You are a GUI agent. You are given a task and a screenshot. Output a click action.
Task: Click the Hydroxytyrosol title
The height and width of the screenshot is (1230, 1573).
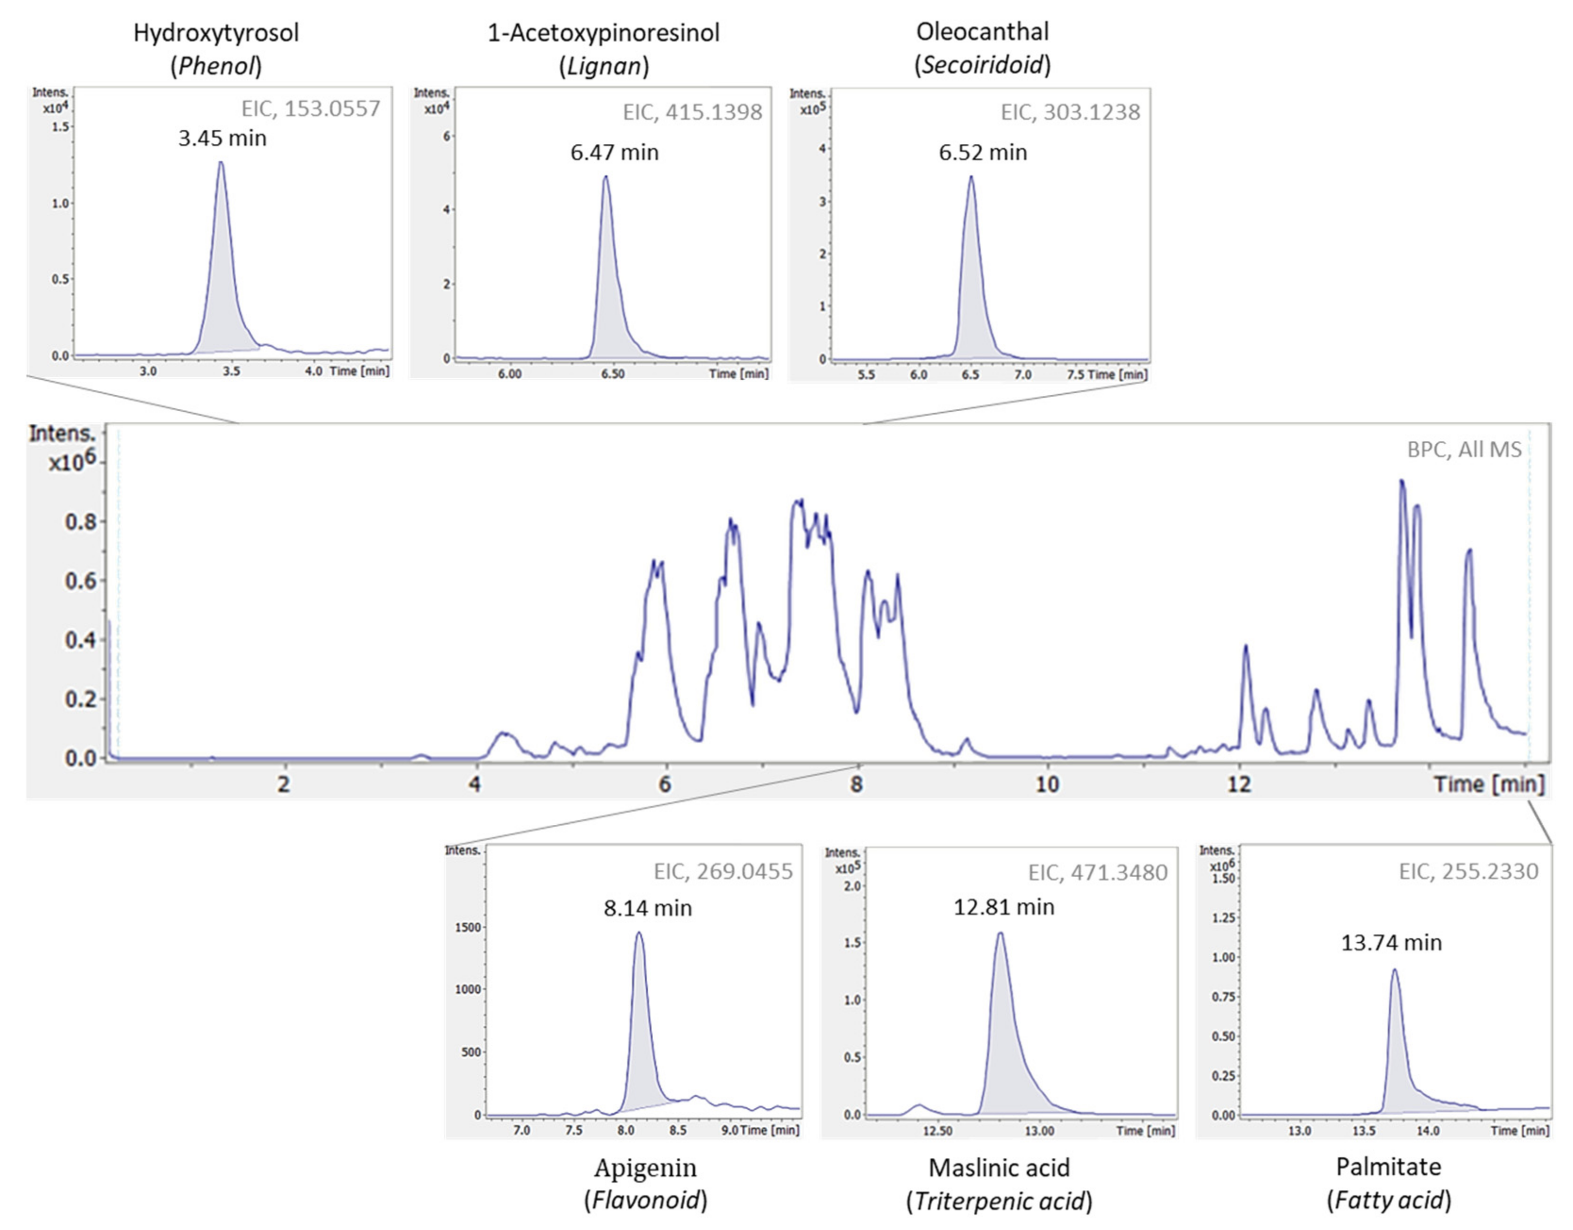point(216,33)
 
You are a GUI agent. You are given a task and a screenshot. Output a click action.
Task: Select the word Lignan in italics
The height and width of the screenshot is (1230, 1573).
point(604,66)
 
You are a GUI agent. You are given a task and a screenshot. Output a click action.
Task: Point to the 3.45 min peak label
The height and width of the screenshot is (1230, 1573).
point(223,138)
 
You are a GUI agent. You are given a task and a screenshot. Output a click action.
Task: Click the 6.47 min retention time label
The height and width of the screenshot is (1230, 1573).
point(614,153)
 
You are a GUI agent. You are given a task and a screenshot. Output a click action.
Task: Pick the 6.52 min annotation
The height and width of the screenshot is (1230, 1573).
point(982,153)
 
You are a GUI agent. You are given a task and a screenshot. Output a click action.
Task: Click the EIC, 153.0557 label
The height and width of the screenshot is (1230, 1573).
point(310,109)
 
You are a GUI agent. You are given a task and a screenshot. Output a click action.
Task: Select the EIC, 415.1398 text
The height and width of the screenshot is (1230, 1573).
point(692,112)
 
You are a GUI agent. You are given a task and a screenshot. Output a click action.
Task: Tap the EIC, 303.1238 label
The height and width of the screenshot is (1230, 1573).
point(1070,112)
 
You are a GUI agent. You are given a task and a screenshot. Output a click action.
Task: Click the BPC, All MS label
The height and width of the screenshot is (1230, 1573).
point(1464,449)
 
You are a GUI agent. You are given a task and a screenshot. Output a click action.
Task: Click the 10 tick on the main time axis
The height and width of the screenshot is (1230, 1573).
point(1047,784)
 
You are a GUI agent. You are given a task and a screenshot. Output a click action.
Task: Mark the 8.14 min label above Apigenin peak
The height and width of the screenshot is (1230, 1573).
point(647,908)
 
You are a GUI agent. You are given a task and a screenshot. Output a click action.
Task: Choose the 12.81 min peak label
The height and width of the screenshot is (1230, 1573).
point(1003,907)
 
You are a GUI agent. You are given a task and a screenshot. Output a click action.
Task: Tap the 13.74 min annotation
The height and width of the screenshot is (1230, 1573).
point(1391,943)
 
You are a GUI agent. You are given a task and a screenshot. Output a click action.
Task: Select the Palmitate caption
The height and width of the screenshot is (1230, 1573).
point(1389,1167)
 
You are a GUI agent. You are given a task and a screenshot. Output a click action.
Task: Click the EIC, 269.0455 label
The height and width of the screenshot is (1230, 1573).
point(723,872)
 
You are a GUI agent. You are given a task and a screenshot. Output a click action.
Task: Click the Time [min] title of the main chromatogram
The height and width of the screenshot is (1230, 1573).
point(1489,784)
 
